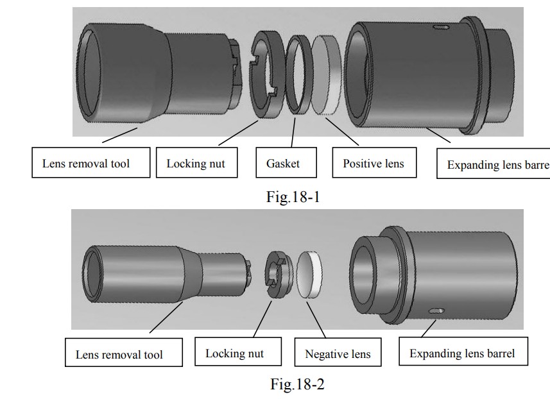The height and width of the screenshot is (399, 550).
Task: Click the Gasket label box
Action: (286, 162)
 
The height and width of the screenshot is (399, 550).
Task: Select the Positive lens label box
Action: (374, 162)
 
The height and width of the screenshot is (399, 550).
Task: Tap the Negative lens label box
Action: (338, 352)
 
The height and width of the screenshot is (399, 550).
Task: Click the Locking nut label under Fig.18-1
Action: (197, 162)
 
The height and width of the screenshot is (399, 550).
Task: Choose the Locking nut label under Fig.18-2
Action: (238, 352)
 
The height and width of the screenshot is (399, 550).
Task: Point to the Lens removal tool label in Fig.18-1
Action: (91, 162)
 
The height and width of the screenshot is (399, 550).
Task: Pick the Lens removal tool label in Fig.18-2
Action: (124, 352)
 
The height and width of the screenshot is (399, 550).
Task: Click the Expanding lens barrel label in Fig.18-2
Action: (463, 352)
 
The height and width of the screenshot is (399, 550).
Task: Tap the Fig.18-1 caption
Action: (293, 197)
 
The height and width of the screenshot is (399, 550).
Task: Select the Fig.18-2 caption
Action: (297, 384)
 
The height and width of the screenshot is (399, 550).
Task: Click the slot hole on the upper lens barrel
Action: (442, 27)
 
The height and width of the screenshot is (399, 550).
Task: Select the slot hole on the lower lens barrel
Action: (436, 310)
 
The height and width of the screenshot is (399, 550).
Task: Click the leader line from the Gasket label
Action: (293, 133)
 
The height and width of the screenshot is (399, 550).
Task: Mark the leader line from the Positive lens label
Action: (342, 132)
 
